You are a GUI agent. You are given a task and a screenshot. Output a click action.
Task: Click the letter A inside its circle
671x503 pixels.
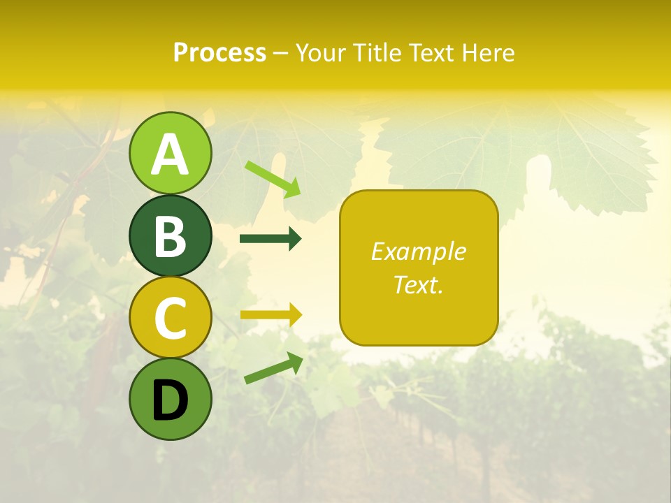[x=170, y=155]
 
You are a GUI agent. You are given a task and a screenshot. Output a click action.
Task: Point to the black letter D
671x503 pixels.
[x=170, y=400]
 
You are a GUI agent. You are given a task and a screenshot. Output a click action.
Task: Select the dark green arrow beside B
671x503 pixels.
[x=270, y=239]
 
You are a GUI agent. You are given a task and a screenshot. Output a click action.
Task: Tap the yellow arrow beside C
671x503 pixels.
[x=270, y=314]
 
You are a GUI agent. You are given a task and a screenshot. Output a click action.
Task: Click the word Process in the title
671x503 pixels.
[x=219, y=52]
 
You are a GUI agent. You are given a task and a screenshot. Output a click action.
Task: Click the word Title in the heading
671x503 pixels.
[x=377, y=52]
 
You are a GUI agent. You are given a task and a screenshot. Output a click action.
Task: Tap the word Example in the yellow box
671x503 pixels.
[x=418, y=251]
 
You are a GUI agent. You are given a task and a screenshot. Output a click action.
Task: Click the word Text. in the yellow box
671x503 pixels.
[x=418, y=284]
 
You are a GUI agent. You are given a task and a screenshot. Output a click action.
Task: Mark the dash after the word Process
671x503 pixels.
[x=281, y=53]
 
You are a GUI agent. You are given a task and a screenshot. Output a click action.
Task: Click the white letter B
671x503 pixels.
[x=170, y=237]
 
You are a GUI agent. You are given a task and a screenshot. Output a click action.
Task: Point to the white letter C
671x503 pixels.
[x=170, y=319]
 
